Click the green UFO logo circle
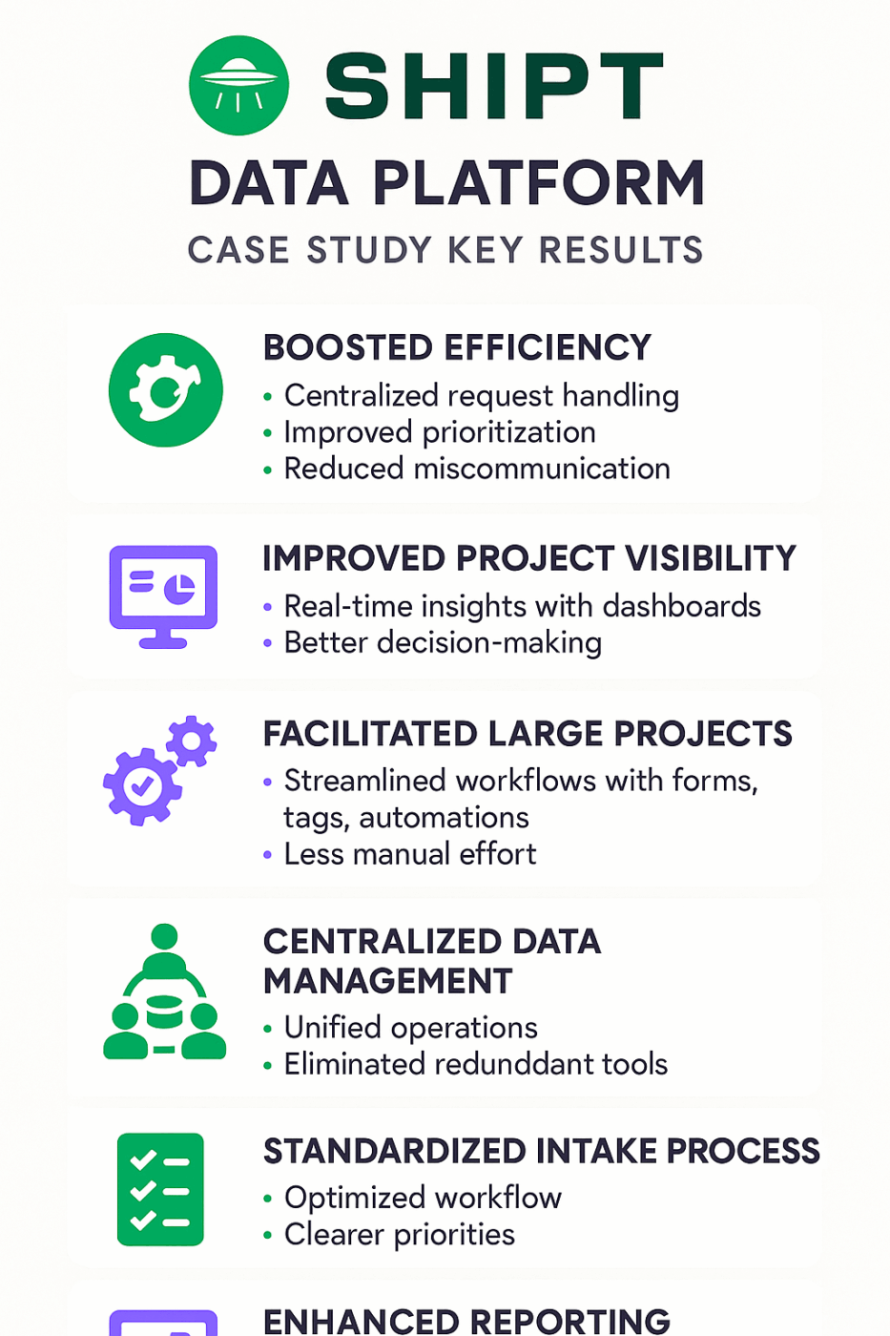coord(238,86)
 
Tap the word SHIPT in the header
coord(493,87)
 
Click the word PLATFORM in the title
coord(538,183)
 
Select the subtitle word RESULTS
coord(621,250)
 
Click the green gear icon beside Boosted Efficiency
coord(166,390)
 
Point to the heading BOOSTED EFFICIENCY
coord(457,348)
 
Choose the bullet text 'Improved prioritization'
coord(440,432)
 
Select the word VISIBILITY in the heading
coord(710,558)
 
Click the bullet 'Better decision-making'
coord(443,643)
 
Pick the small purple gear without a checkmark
coord(192,741)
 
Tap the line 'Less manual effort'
coord(410,854)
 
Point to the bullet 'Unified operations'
coord(410,1028)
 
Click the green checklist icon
coord(160,1190)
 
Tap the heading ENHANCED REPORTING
coord(466,1321)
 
